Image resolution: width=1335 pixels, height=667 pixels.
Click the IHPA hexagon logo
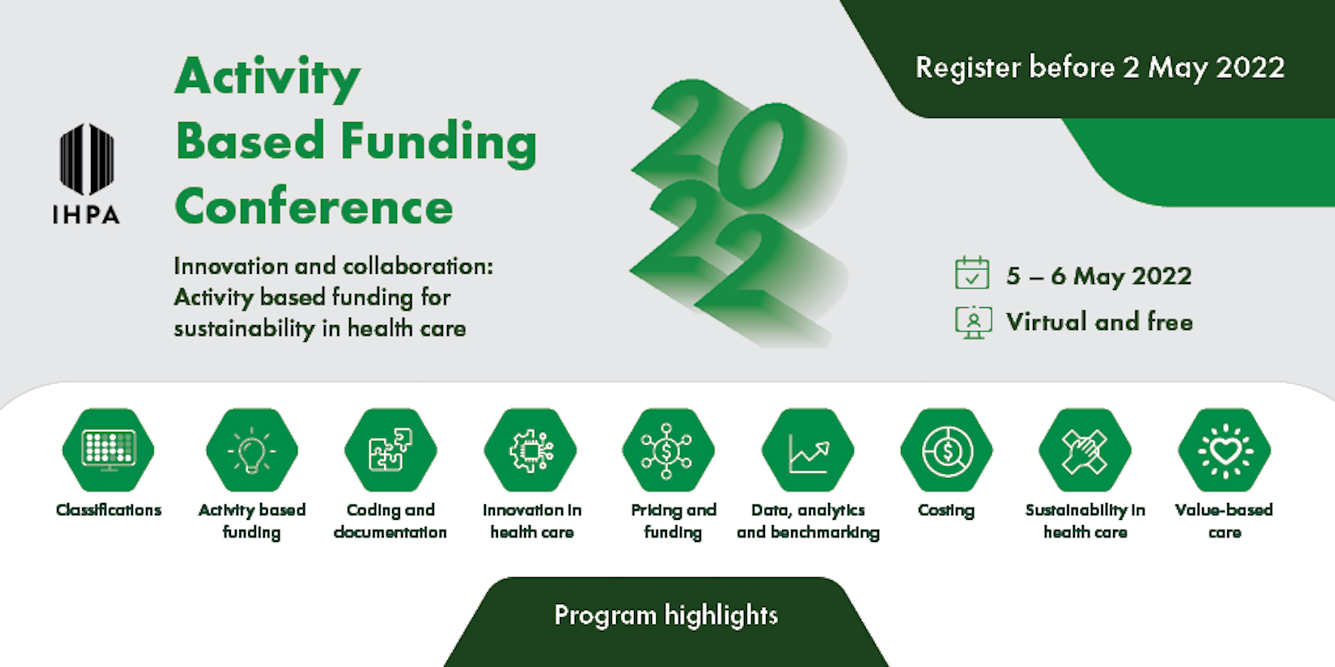(87, 159)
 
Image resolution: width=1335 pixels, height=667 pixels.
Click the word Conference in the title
(314, 207)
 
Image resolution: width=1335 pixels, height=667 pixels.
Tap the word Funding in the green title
(439, 143)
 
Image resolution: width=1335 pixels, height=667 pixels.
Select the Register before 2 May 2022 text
(1100, 68)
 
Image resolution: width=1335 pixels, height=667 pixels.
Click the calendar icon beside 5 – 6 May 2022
(972, 272)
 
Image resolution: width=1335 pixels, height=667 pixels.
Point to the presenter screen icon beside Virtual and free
(973, 322)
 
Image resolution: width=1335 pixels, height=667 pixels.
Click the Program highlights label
(666, 616)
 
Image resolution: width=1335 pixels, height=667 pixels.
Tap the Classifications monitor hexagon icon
(108, 450)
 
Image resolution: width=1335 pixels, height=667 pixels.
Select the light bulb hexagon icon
(252, 450)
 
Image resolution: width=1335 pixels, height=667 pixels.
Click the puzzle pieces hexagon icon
(391, 450)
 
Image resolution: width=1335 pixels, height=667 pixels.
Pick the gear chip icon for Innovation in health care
(531, 450)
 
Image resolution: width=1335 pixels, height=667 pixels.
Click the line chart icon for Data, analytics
(808, 450)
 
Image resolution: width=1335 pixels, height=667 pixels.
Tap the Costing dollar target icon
(946, 450)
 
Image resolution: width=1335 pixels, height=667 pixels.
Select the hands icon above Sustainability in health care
(1085, 450)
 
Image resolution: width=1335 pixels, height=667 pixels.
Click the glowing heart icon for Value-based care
(1224, 450)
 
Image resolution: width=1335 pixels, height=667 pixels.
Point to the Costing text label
(946, 511)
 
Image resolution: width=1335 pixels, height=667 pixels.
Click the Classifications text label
(108, 510)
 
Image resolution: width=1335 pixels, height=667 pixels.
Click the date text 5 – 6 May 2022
(1099, 276)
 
